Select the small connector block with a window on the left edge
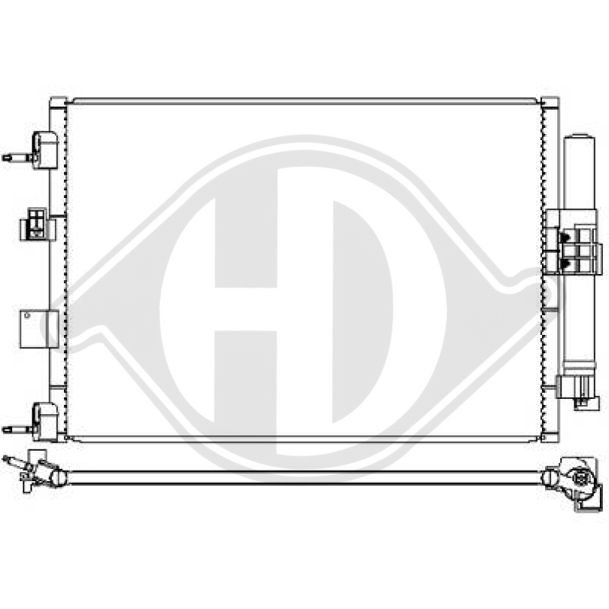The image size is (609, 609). [37, 224]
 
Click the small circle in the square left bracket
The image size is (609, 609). [26, 315]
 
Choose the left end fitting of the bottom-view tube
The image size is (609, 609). [33, 472]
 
